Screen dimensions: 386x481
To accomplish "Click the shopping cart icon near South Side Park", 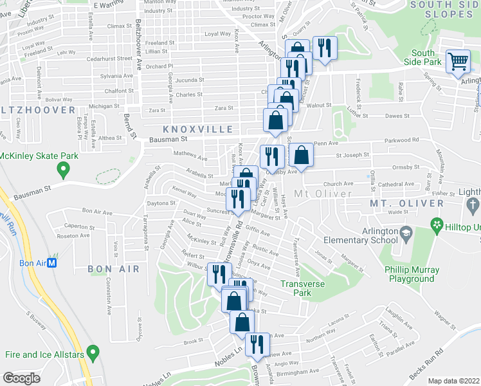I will pyautogui.click(x=458, y=62).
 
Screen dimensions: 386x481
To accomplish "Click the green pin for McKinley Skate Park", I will pyautogui.click(x=63, y=170).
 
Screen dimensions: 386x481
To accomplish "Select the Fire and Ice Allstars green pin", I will pyautogui.click(x=94, y=353).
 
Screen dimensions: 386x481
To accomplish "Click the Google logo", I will pyautogui.click(x=21, y=378).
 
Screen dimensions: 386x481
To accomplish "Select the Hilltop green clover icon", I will pyautogui.click(x=437, y=225).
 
